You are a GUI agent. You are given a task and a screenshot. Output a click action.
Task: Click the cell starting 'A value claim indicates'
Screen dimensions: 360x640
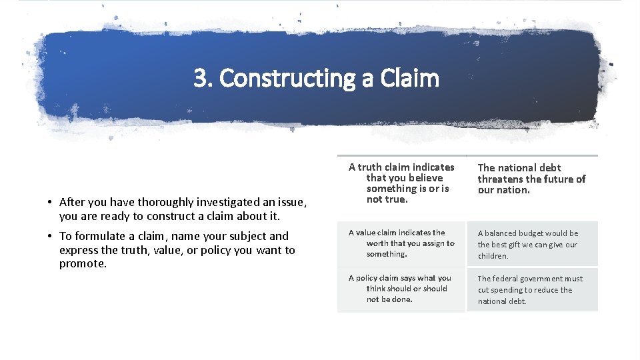pos(401,243)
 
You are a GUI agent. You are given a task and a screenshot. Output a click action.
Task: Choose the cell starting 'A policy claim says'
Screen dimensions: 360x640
pos(401,289)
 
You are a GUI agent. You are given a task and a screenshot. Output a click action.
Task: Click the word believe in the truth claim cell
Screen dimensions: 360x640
pos(425,178)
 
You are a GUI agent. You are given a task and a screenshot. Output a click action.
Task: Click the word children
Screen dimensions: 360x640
pos(493,256)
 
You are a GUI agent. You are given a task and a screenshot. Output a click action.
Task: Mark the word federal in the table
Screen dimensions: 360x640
pos(508,279)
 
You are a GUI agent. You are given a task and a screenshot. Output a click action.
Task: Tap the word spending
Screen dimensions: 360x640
pos(507,290)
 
